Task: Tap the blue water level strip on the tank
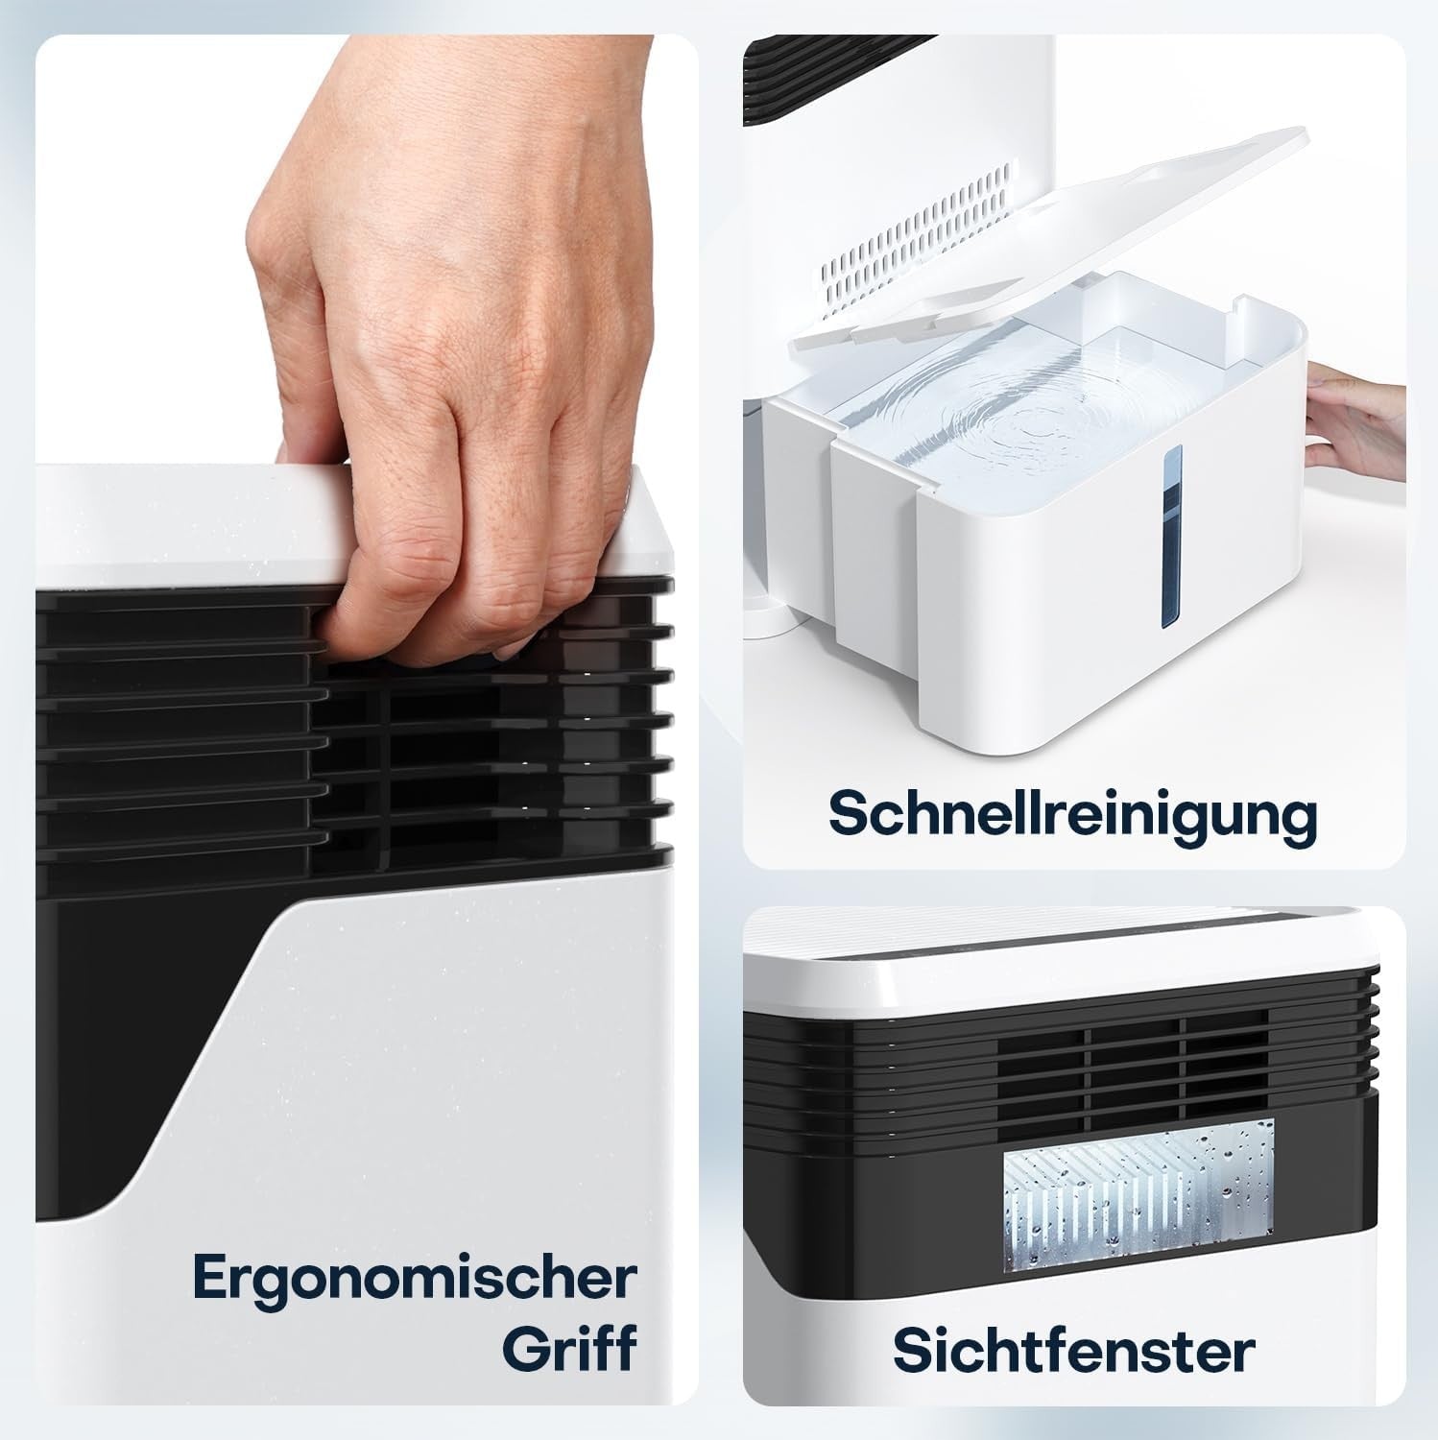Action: point(1171,538)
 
